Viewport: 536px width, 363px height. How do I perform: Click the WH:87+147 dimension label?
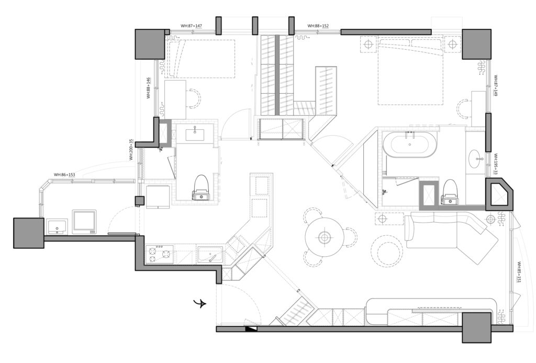tap(192, 26)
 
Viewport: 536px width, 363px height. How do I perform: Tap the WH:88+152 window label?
tap(318, 26)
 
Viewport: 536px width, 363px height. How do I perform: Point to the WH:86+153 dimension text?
tap(64, 174)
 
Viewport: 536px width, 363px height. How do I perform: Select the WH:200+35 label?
tap(131, 149)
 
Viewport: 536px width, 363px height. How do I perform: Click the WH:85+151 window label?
tap(519, 272)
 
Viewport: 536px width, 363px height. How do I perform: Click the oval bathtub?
tap(409, 145)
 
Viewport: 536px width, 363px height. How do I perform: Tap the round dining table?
tap(323, 237)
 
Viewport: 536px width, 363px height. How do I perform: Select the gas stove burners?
tap(159, 255)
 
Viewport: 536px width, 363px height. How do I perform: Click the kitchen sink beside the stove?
tap(210, 255)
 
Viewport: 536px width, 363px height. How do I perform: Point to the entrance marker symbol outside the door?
tap(199, 303)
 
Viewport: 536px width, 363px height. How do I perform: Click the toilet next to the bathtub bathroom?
tap(449, 192)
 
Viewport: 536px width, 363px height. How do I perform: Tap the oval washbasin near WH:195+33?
tap(474, 159)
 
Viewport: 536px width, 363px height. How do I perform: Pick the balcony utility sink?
tap(57, 227)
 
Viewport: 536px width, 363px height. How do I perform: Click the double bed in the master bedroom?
tap(410, 72)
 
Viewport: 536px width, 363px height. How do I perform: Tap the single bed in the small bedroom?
tap(200, 59)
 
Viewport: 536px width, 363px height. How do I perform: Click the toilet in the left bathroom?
tap(201, 188)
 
